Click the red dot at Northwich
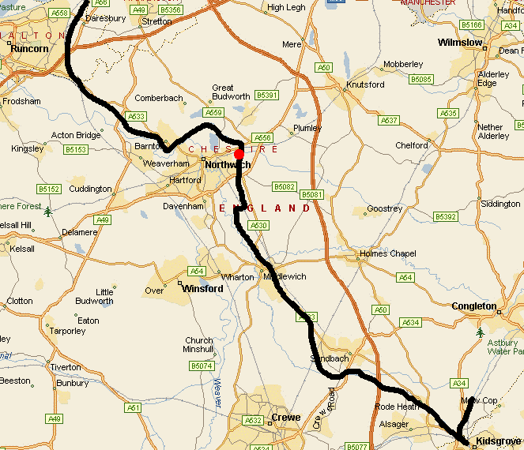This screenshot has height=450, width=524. [x=239, y=153]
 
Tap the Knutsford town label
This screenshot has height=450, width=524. [x=365, y=84]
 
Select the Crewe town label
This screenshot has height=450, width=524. [x=285, y=417]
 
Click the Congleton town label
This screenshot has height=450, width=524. [x=474, y=306]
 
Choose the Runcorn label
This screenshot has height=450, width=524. [x=29, y=49]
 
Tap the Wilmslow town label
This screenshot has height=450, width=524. [x=460, y=43]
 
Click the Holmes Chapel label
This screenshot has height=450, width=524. [x=388, y=253]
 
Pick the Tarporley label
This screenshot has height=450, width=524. [x=66, y=332]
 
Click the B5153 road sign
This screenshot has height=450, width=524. [x=76, y=149]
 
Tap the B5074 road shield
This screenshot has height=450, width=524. [x=202, y=366]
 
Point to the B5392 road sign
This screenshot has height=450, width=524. [x=446, y=216]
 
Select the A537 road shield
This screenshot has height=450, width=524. [x=389, y=121]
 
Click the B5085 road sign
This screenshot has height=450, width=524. [x=421, y=79]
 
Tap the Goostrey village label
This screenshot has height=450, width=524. [x=386, y=209]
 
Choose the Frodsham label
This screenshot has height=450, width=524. [x=21, y=101]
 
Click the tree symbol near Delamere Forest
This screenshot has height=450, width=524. [x=49, y=212]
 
